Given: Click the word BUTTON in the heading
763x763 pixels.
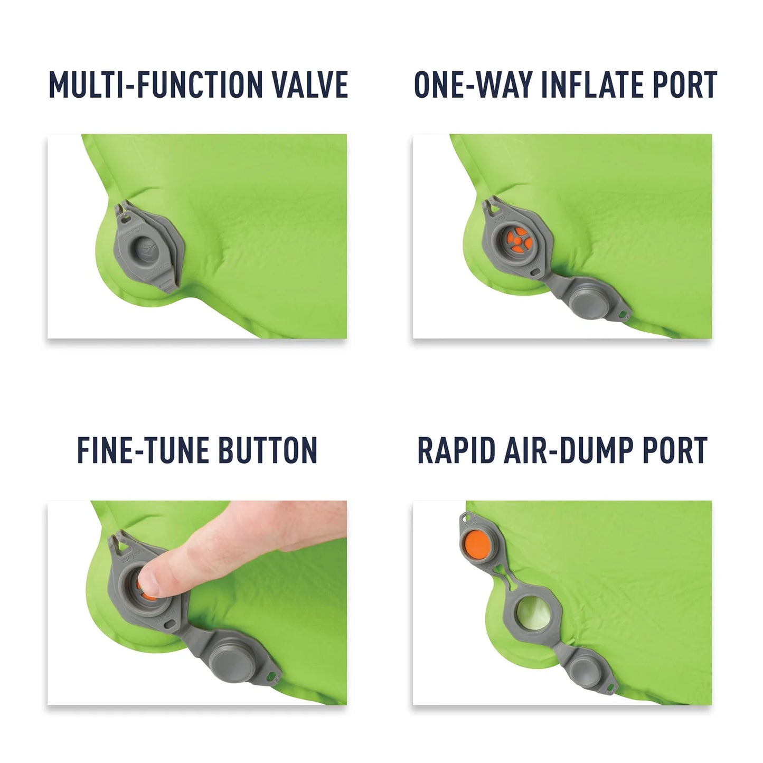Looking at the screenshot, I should click(268, 450).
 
